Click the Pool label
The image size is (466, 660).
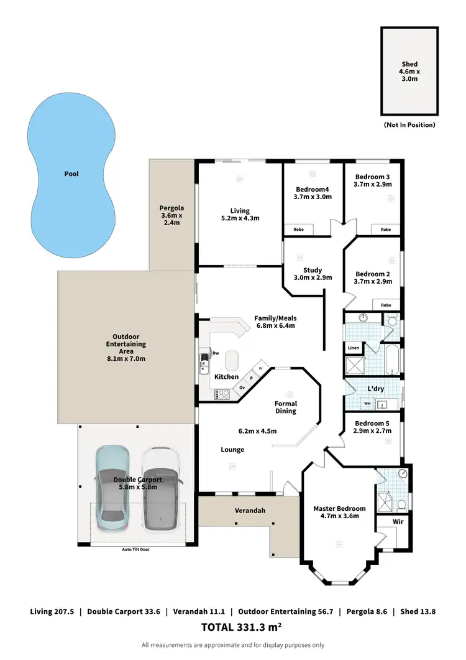(72, 174)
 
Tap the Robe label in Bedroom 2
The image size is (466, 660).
(386, 305)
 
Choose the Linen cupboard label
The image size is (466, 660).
(354, 348)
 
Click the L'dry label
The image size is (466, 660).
(375, 389)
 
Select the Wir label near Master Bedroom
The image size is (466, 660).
(398, 521)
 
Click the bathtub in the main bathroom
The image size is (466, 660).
(392, 360)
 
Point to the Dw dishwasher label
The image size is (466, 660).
(216, 353)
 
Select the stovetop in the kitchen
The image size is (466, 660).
(222, 394)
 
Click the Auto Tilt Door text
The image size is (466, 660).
(135, 549)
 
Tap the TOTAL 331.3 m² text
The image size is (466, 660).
(233, 628)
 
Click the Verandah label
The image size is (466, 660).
(250, 511)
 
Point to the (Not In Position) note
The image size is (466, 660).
(409, 125)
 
